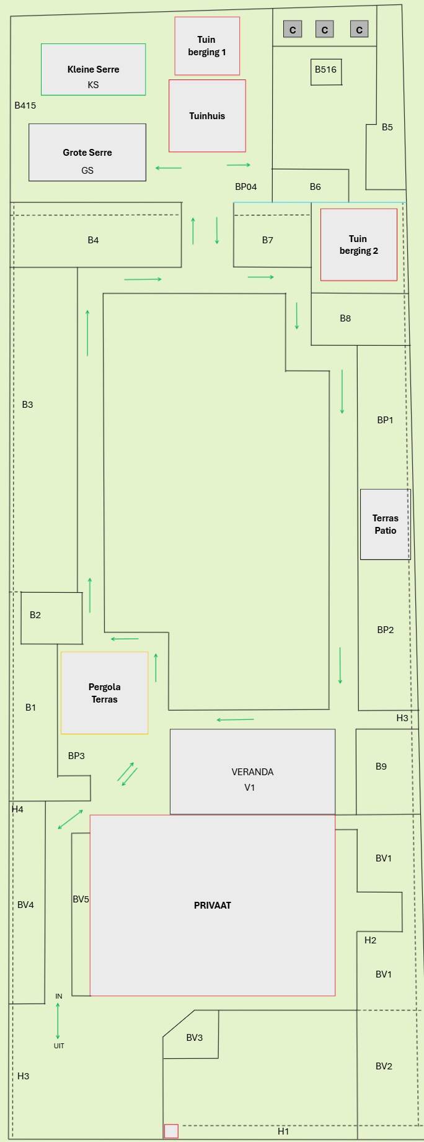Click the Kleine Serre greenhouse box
pyautogui.click(x=93, y=70)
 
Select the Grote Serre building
pyautogui.click(x=87, y=152)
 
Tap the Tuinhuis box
pyautogui.click(x=207, y=115)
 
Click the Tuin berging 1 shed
pyautogui.click(x=207, y=46)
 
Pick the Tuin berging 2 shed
pyautogui.click(x=359, y=245)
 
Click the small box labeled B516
pyautogui.click(x=326, y=71)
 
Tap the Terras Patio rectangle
pyautogui.click(x=385, y=524)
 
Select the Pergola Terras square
pyautogui.click(x=104, y=693)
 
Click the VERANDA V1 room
pyautogui.click(x=252, y=771)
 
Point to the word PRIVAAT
pyautogui.click(x=213, y=906)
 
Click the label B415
pyautogui.click(x=25, y=106)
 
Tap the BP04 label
pyautogui.click(x=245, y=187)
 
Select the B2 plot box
pyautogui.click(x=51, y=618)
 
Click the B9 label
pyautogui.click(x=381, y=767)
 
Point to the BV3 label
pyautogui.click(x=195, y=1038)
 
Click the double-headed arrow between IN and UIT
pyautogui.click(x=58, y=1021)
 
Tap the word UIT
pyautogui.click(x=59, y=1046)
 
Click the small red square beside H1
pyautogui.click(x=171, y=1131)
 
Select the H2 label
pyautogui.click(x=371, y=940)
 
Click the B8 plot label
pyautogui.click(x=345, y=318)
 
